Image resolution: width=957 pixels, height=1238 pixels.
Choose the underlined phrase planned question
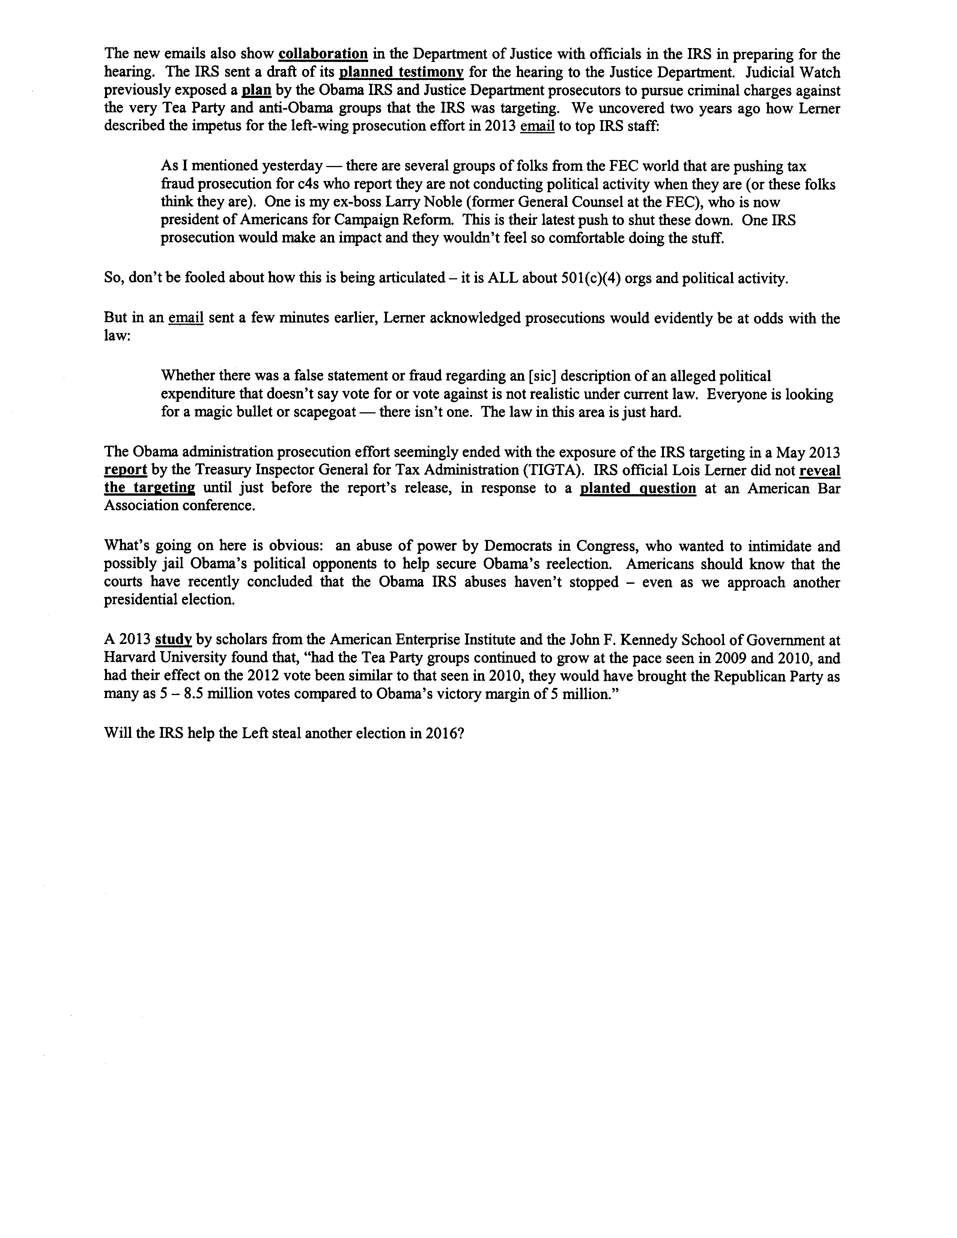(x=638, y=488)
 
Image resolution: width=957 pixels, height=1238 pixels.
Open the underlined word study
(x=173, y=640)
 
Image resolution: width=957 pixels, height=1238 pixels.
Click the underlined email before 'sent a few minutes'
(x=186, y=318)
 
